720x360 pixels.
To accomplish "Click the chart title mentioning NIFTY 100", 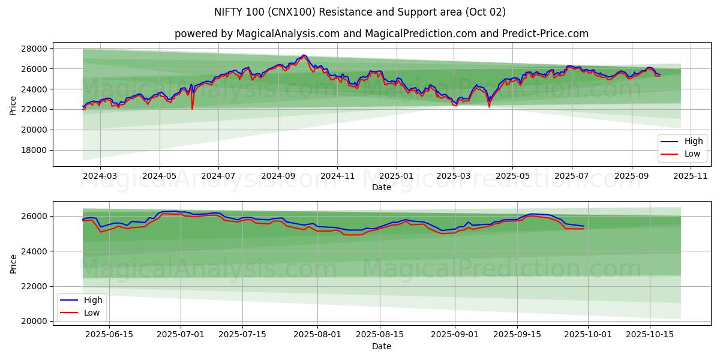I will (360, 12).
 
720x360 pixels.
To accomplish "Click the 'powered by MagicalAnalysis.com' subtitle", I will (381, 34).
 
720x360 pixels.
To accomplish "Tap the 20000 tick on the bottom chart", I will (35, 322).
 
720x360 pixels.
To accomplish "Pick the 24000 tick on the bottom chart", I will (35, 251).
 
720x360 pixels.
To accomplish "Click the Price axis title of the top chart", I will (13, 106).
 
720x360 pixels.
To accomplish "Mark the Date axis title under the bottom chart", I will (381, 346).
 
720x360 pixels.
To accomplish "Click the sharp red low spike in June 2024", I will (192, 108).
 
